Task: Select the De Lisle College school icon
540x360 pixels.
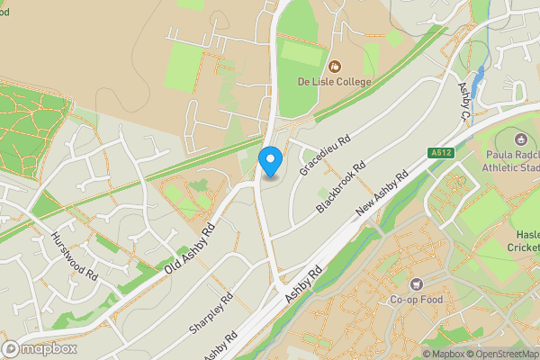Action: pyautogui.click(x=335, y=66)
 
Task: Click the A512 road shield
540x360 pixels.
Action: pyautogui.click(x=440, y=153)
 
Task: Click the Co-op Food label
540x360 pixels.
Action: pyautogui.click(x=417, y=300)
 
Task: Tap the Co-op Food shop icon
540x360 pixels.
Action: pyautogui.click(x=417, y=284)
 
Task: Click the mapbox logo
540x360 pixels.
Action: pyautogui.click(x=38, y=349)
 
